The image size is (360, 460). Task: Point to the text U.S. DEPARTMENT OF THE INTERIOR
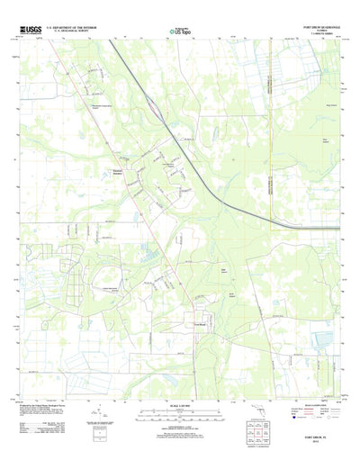[x=73, y=29]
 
